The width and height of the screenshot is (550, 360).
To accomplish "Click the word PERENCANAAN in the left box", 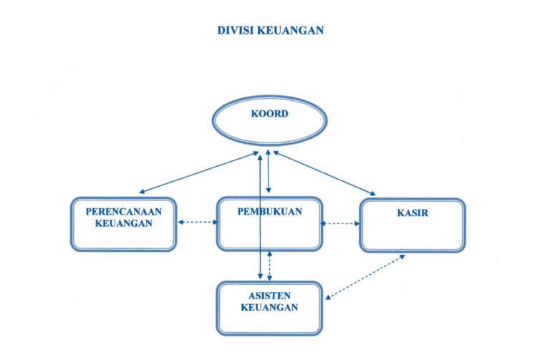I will tap(123, 213).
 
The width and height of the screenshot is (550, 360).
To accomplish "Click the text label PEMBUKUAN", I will tap(269, 212).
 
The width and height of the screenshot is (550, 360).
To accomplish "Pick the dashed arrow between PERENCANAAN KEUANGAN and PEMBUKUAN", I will tap(197, 223).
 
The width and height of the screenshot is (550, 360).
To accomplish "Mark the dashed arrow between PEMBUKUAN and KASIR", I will tap(340, 223).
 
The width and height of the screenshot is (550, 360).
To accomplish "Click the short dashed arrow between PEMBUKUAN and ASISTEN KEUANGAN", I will tap(269, 266).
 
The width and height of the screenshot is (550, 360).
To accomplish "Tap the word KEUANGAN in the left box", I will tap(123, 224).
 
